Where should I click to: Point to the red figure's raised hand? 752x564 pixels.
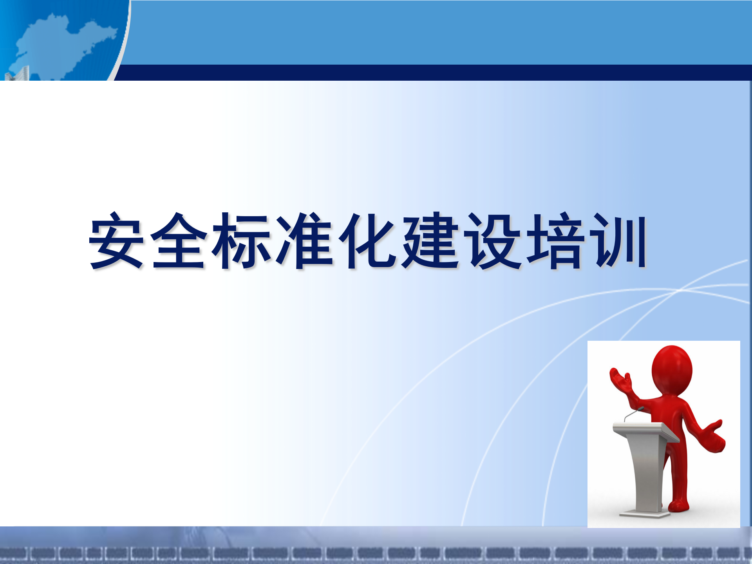(x=620, y=380)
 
